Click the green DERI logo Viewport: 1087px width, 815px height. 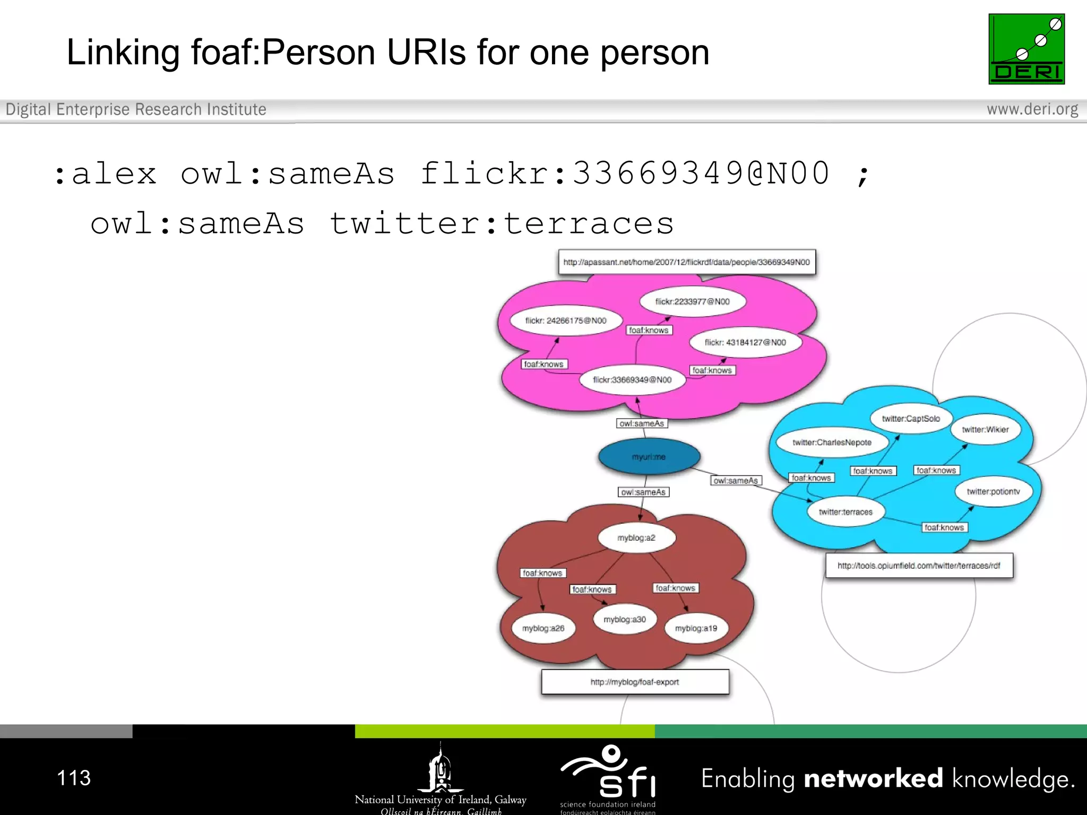tap(1026, 49)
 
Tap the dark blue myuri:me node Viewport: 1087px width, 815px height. tap(649, 456)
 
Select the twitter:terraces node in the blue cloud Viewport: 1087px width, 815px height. tap(846, 512)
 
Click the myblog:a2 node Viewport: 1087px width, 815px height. tap(636, 537)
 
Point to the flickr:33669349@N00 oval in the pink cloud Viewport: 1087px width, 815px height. tap(632, 380)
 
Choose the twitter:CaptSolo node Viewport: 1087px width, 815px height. tap(911, 419)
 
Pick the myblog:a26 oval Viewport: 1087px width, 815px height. tap(543, 628)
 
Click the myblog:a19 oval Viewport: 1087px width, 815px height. tap(696, 628)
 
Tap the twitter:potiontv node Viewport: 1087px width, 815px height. tap(993, 491)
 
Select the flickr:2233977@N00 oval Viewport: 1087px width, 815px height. tap(692, 301)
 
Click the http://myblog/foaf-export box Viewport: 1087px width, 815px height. tap(635, 682)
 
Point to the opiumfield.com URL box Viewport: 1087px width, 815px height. tap(919, 566)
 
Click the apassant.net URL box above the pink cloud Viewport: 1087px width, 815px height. tap(686, 262)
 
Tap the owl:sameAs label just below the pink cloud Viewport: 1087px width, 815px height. tap(642, 423)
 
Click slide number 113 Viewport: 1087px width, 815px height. tap(74, 778)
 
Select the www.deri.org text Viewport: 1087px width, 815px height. tap(1032, 109)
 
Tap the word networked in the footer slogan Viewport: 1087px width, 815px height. tap(873, 778)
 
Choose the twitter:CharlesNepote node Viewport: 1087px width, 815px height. tap(832, 443)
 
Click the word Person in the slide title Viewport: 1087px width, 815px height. tap(318, 53)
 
